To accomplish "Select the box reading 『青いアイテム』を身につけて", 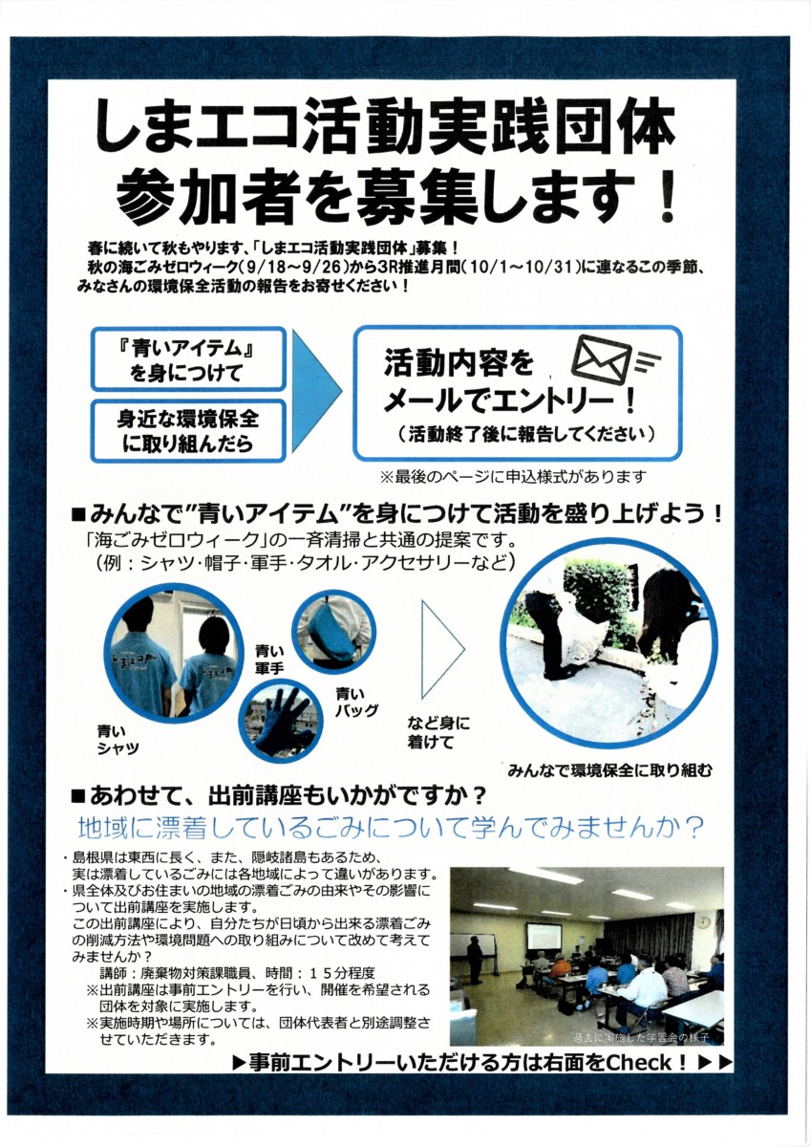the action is pyautogui.click(x=188, y=359).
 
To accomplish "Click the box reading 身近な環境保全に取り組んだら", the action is pyautogui.click(x=188, y=431).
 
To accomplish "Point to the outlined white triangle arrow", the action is pyautogui.click(x=442, y=650).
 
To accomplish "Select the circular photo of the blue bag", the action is pyautogui.click(x=333, y=633).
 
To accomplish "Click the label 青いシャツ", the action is pyautogui.click(x=117, y=740).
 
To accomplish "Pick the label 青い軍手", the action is pyautogui.click(x=269, y=660).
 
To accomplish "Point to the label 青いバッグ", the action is pyautogui.click(x=356, y=702).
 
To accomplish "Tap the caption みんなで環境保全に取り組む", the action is pyautogui.click(x=609, y=770).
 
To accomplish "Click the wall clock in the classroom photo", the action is pyautogui.click(x=702, y=921).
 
